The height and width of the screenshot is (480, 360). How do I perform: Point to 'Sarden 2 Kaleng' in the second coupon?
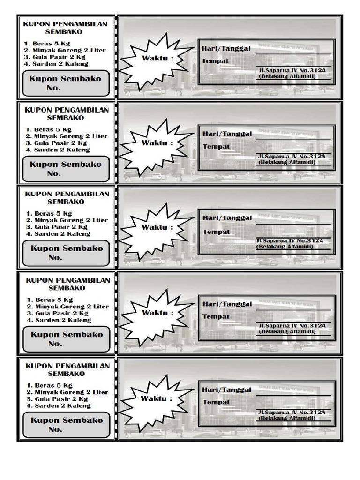pos(59,150)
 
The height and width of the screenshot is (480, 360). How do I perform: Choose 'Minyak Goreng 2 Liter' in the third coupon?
pos(66,220)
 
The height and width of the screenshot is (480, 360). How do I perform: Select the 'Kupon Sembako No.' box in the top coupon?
pos(66,83)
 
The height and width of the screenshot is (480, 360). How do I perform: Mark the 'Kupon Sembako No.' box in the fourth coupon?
pos(66,339)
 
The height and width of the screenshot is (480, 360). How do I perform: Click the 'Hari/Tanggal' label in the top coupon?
pos(226,49)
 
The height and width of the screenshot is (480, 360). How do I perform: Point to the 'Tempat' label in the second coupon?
pos(217,147)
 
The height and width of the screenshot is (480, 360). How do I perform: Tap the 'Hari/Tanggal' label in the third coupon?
pos(227,218)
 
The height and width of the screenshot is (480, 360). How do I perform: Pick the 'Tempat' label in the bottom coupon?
pos(216,402)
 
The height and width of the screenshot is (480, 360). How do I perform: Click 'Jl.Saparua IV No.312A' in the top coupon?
pos(292,70)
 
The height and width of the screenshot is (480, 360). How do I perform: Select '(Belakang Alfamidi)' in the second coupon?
pos(287,162)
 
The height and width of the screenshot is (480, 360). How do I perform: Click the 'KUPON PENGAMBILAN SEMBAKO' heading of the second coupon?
pos(67,114)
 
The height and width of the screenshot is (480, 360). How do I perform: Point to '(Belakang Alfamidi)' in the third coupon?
pos(287,246)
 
